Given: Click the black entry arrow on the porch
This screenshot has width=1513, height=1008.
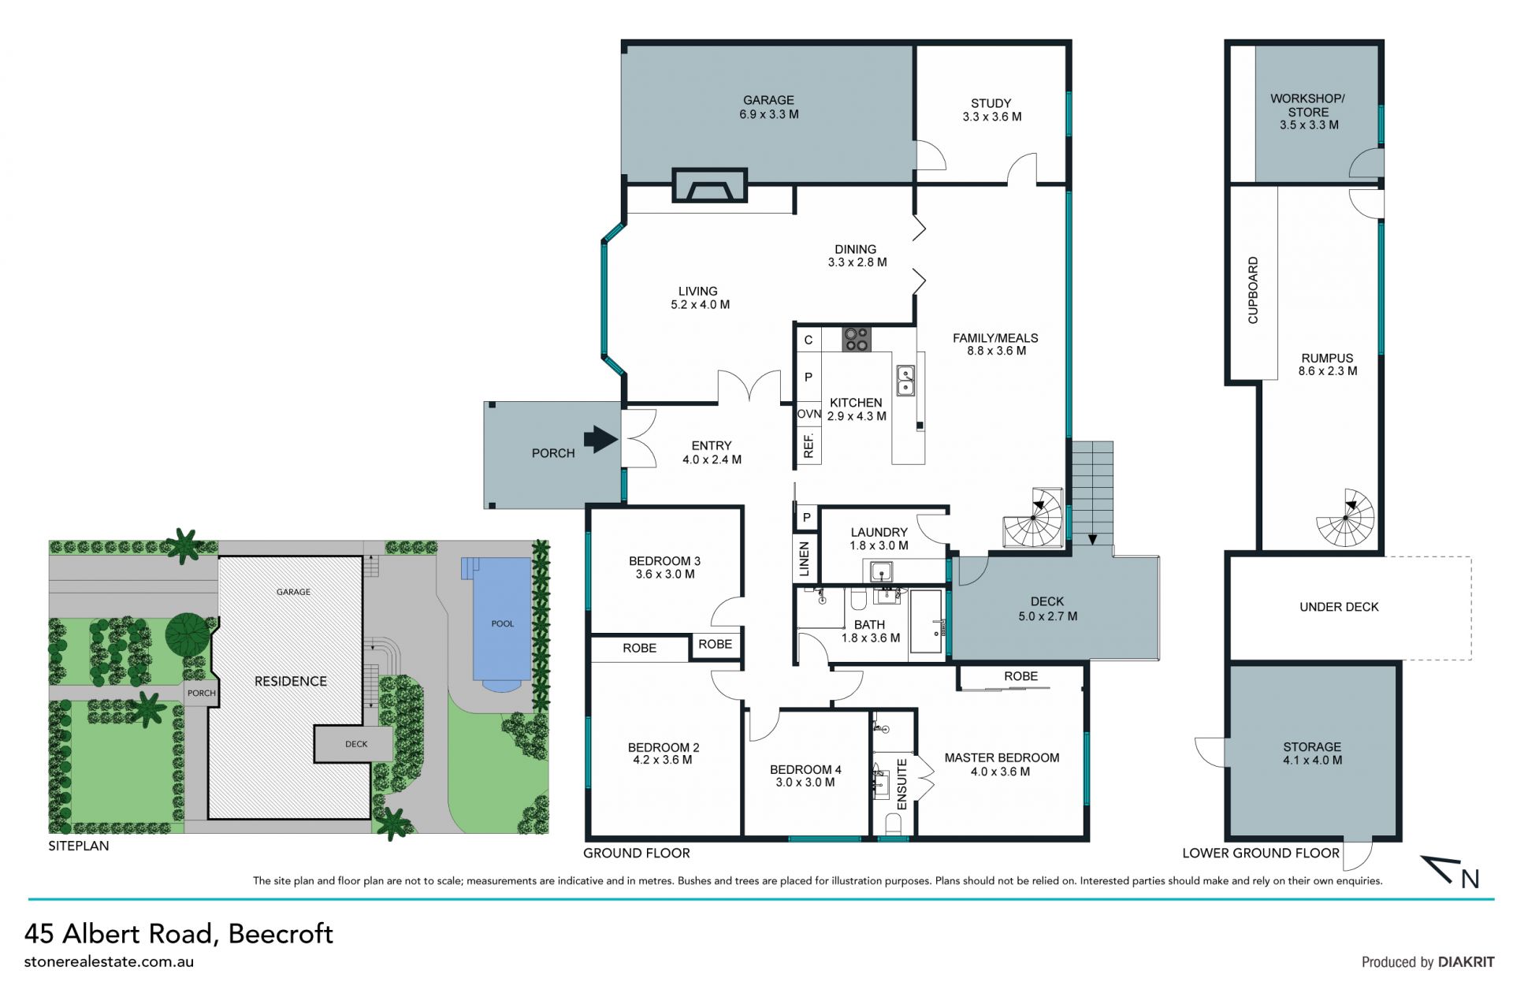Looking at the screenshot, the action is pyautogui.click(x=601, y=439).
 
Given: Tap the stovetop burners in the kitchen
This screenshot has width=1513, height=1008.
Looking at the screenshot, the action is pyautogui.click(x=857, y=340).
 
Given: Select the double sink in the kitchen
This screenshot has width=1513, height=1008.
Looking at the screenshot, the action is pyautogui.click(x=905, y=380).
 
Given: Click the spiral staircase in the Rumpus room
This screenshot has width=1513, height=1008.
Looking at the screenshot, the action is pyautogui.click(x=1346, y=517).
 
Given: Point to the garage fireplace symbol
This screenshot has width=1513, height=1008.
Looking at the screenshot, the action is pyautogui.click(x=709, y=186).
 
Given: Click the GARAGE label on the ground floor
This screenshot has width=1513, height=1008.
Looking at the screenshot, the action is pyautogui.click(x=768, y=100).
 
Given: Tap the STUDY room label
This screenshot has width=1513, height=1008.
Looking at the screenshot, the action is pyautogui.click(x=991, y=103).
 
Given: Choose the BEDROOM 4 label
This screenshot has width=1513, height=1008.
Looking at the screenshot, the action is pyautogui.click(x=805, y=769).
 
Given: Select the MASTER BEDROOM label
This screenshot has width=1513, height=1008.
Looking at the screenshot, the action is pyautogui.click(x=1002, y=757).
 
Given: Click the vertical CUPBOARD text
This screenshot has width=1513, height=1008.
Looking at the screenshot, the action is pyautogui.click(x=1253, y=290).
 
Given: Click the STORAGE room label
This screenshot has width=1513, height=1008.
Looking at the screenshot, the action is pyautogui.click(x=1312, y=746).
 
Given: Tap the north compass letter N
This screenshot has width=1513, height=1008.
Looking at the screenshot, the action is pyautogui.click(x=1470, y=878).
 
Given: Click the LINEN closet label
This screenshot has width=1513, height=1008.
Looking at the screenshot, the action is pyautogui.click(x=805, y=559).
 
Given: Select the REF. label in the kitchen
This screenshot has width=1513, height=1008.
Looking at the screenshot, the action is pyautogui.click(x=809, y=445).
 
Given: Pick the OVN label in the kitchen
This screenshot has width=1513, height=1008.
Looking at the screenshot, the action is pyautogui.click(x=809, y=414).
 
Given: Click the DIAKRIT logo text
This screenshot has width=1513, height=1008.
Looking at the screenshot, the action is pyautogui.click(x=1466, y=962).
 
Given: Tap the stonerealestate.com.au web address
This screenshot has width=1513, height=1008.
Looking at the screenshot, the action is pyautogui.click(x=109, y=962).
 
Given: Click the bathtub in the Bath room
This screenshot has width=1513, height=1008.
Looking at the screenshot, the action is pyautogui.click(x=927, y=622).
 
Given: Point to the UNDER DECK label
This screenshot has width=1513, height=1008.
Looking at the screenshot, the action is pyautogui.click(x=1339, y=607).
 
